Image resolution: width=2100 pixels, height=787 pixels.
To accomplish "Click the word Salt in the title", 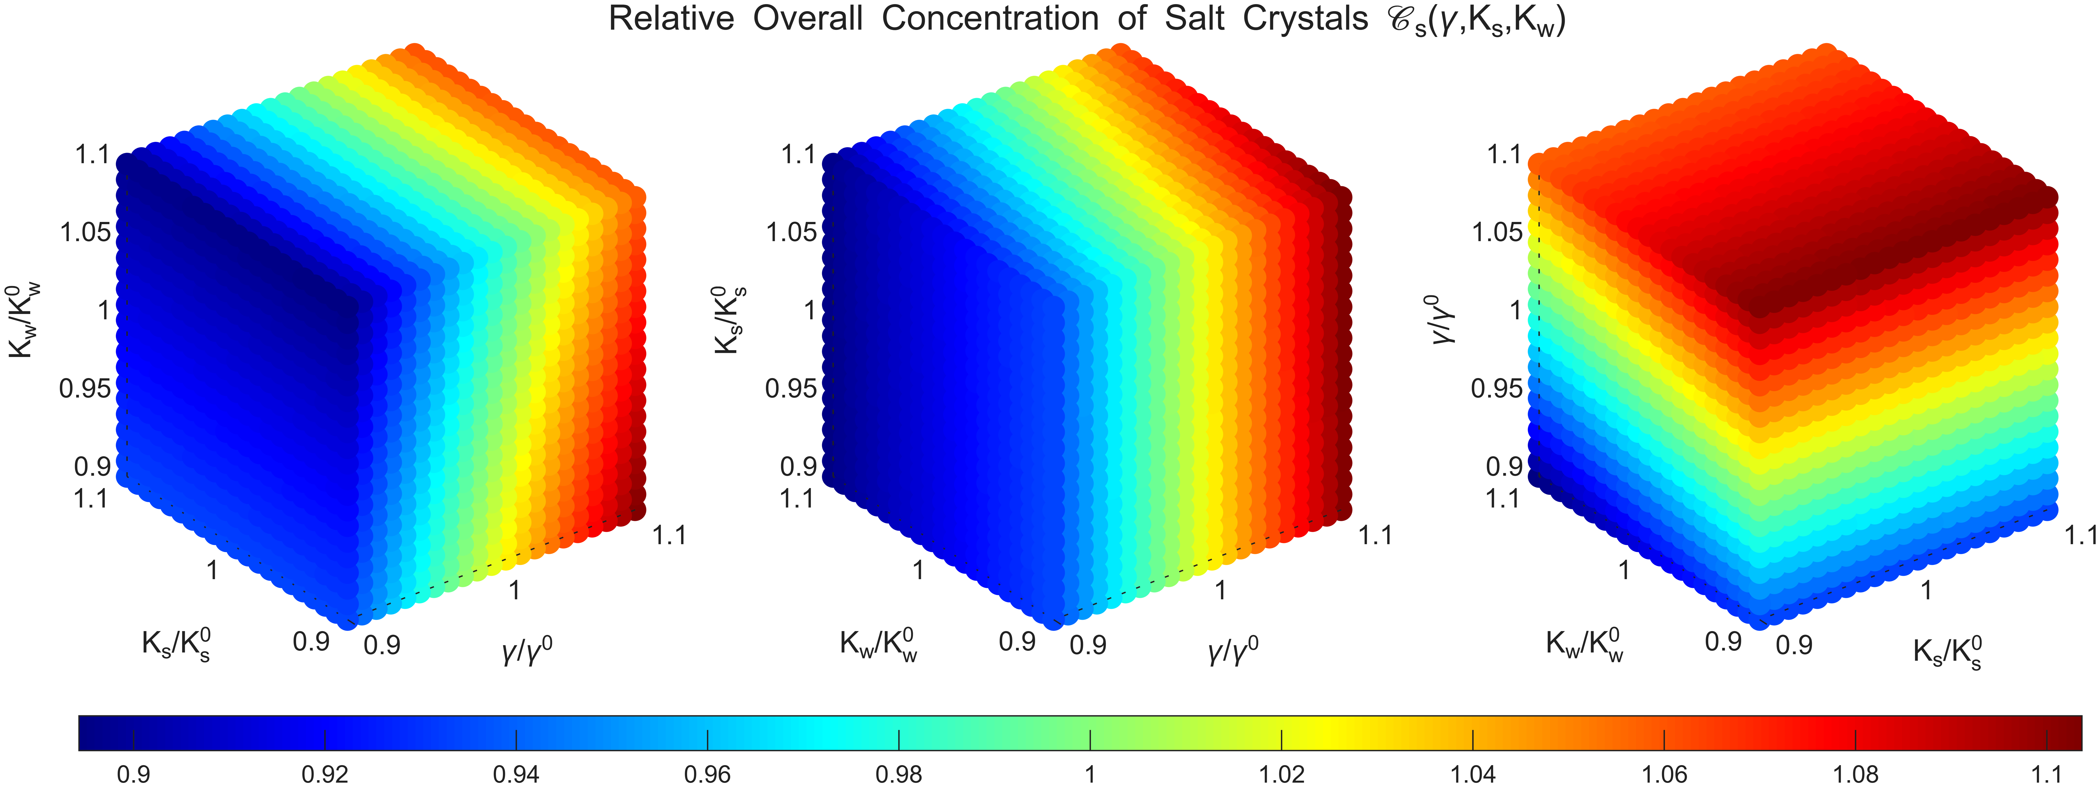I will pos(1194,19).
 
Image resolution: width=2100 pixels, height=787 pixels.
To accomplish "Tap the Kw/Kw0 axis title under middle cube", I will pos(879,646).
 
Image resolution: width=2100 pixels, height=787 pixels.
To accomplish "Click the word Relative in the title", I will pos(671,19).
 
